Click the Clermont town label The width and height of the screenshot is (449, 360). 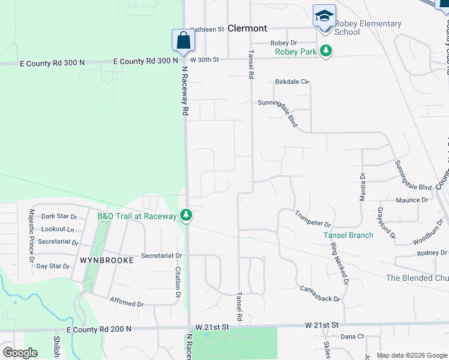[247, 28]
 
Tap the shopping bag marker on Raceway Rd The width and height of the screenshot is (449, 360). [183, 41]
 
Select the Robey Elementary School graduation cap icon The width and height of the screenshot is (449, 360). [324, 16]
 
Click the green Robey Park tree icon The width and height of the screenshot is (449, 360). [326, 51]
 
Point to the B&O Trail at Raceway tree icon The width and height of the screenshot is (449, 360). [187, 215]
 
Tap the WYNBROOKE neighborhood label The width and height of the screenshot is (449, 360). [99, 262]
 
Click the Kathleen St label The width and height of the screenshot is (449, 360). [206, 29]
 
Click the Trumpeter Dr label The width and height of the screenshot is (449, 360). [313, 218]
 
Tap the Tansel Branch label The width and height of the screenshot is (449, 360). [348, 235]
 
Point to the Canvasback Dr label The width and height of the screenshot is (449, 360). [320, 294]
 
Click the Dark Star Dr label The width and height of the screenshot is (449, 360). [59, 217]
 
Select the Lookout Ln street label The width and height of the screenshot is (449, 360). [58, 229]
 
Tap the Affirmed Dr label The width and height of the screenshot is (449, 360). [127, 301]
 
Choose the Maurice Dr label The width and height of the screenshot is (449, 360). [412, 200]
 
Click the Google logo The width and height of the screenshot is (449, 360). [20, 353]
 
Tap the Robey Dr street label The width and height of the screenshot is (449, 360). [284, 43]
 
